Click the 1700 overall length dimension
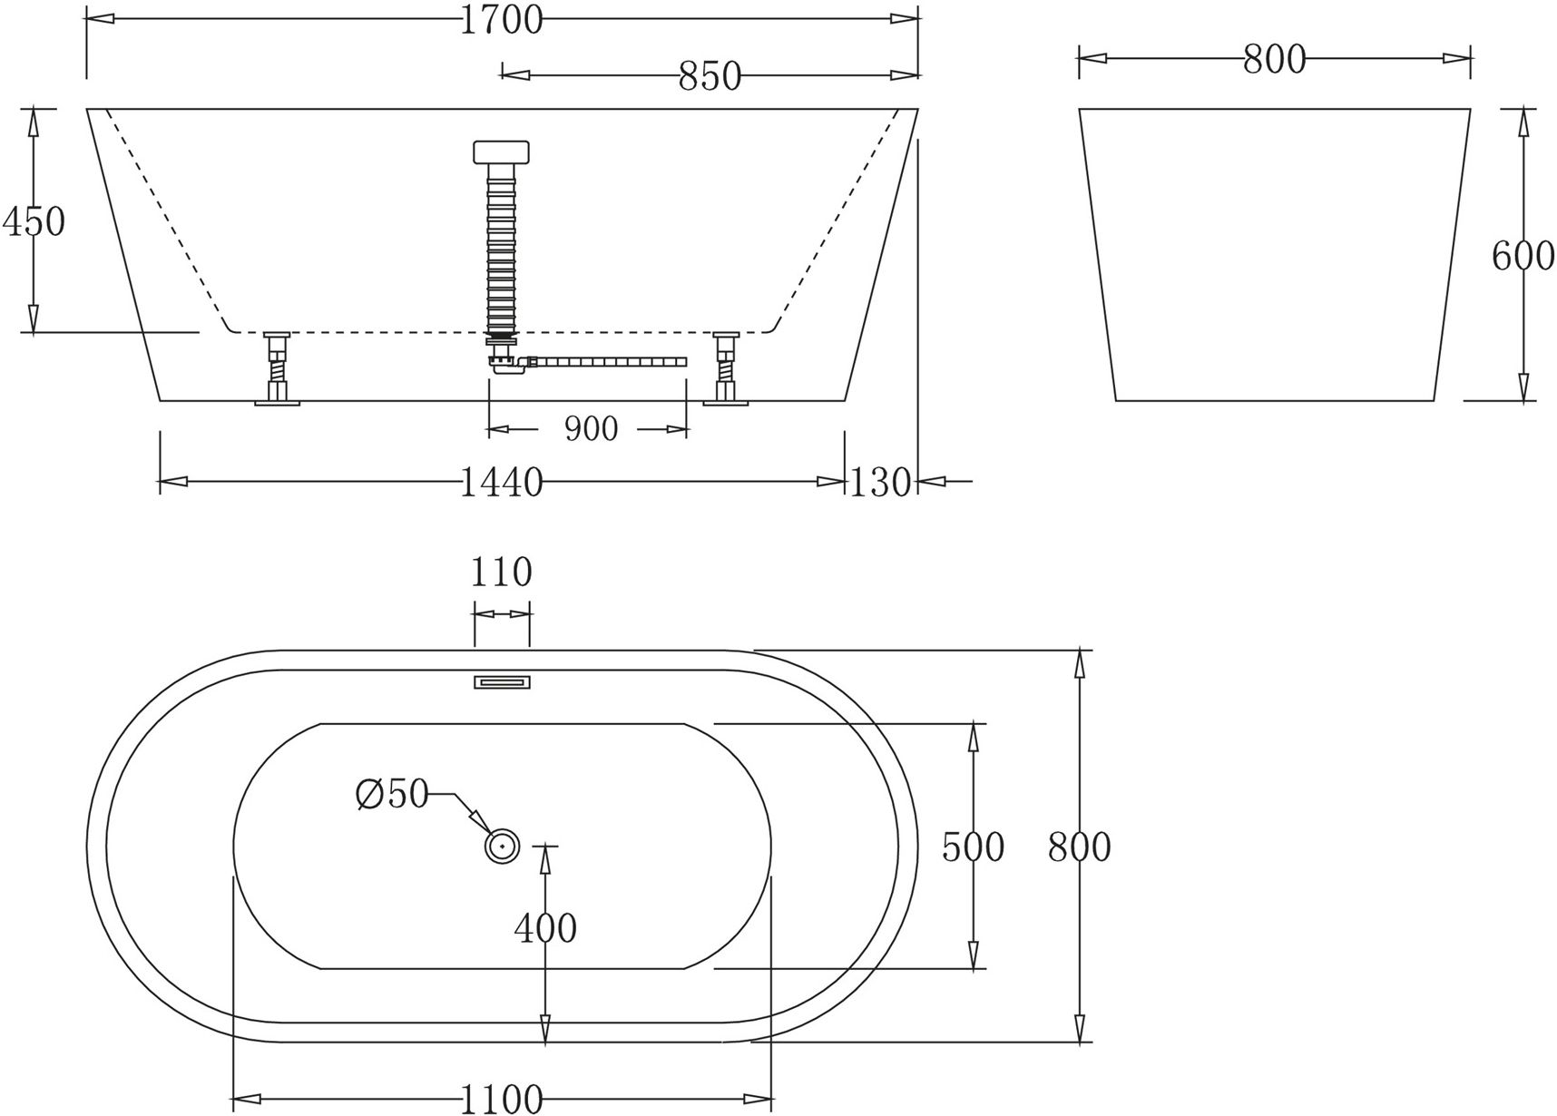pyautogui.click(x=501, y=19)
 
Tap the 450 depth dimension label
pyautogui.click(x=34, y=220)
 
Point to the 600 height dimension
pyautogui.click(x=1523, y=257)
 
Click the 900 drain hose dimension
pyautogui.click(x=591, y=429)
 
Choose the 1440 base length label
pyautogui.click(x=501, y=483)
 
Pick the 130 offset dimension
pyautogui.click(x=879, y=483)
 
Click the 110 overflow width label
pyautogui.click(x=501, y=573)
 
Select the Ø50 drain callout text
pyautogui.click(x=392, y=795)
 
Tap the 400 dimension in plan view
pyautogui.click(x=545, y=928)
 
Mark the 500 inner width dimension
pyautogui.click(x=973, y=847)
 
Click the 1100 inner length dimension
pyautogui.click(x=501, y=1100)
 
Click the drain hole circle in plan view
pyautogui.click(x=501, y=846)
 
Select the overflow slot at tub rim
pyautogui.click(x=502, y=681)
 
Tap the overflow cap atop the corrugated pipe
pyautogui.click(x=501, y=152)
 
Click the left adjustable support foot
pyautogui.click(x=277, y=369)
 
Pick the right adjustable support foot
pyautogui.click(x=726, y=369)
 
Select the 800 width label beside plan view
pyautogui.click(x=1079, y=847)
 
